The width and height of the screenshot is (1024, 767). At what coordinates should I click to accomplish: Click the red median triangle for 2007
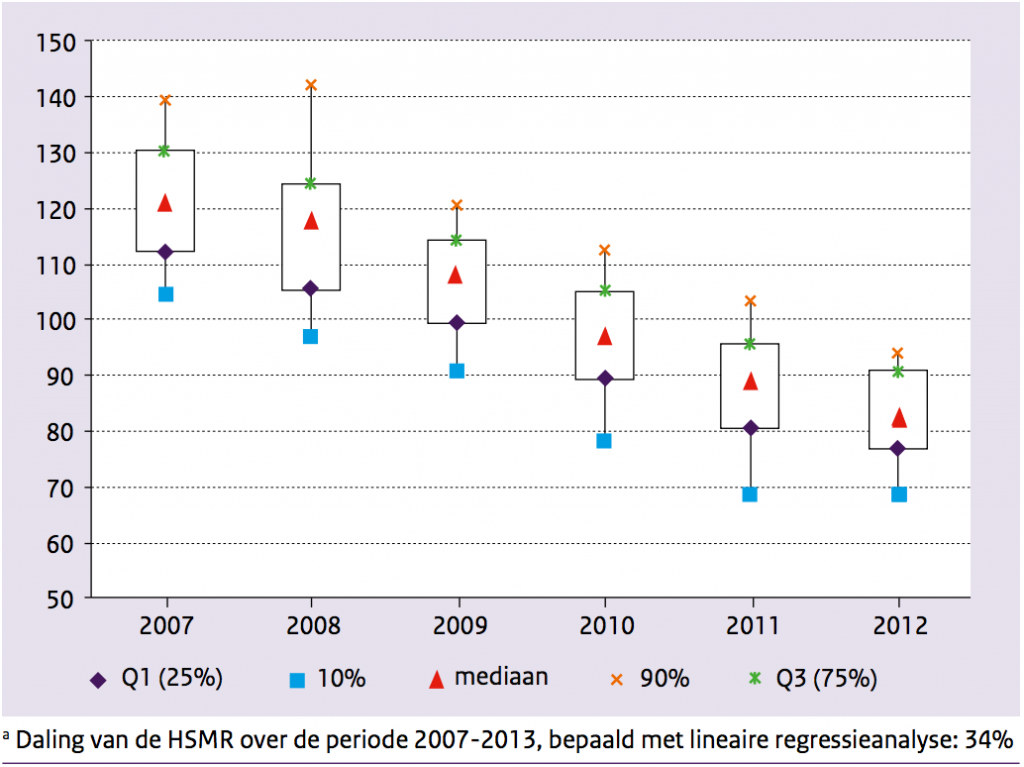click(165, 203)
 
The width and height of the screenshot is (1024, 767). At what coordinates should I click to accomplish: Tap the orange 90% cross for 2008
click(310, 85)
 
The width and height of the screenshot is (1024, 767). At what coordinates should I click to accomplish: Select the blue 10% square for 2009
click(457, 371)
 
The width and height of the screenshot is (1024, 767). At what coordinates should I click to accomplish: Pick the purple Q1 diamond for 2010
click(604, 378)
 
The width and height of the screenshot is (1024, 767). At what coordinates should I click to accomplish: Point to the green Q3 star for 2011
click(750, 344)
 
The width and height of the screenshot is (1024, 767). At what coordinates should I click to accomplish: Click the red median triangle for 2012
click(898, 417)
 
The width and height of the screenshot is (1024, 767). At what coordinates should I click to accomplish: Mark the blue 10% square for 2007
click(166, 294)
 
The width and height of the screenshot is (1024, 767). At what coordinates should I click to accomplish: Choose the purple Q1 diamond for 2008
click(310, 288)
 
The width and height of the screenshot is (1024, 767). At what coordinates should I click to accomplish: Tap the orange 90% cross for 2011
click(750, 301)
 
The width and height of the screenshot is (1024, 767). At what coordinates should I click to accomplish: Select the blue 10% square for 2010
click(604, 441)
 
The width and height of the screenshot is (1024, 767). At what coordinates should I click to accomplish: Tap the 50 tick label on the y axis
click(61, 599)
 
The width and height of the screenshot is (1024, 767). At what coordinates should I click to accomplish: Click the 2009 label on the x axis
click(458, 627)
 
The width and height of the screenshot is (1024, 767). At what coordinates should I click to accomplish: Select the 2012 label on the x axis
click(898, 627)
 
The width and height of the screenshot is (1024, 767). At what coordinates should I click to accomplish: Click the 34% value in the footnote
click(989, 742)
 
